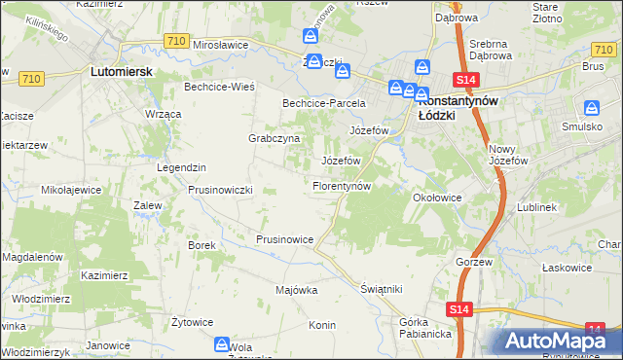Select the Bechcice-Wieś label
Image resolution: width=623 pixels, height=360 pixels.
(x=219, y=87)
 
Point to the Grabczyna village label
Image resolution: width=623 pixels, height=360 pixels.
(x=274, y=138)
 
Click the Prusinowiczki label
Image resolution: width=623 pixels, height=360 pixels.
(x=220, y=189)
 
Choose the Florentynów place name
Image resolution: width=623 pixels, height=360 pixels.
(x=341, y=185)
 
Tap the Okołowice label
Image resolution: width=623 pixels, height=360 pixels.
(x=437, y=197)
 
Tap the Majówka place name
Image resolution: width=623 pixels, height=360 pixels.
(x=297, y=290)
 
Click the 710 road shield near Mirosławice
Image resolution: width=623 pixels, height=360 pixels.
(x=176, y=40)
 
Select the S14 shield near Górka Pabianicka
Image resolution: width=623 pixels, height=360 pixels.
(x=461, y=309)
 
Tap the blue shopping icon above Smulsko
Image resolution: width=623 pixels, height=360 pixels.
(x=591, y=109)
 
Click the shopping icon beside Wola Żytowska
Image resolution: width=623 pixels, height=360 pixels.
(x=222, y=344)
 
